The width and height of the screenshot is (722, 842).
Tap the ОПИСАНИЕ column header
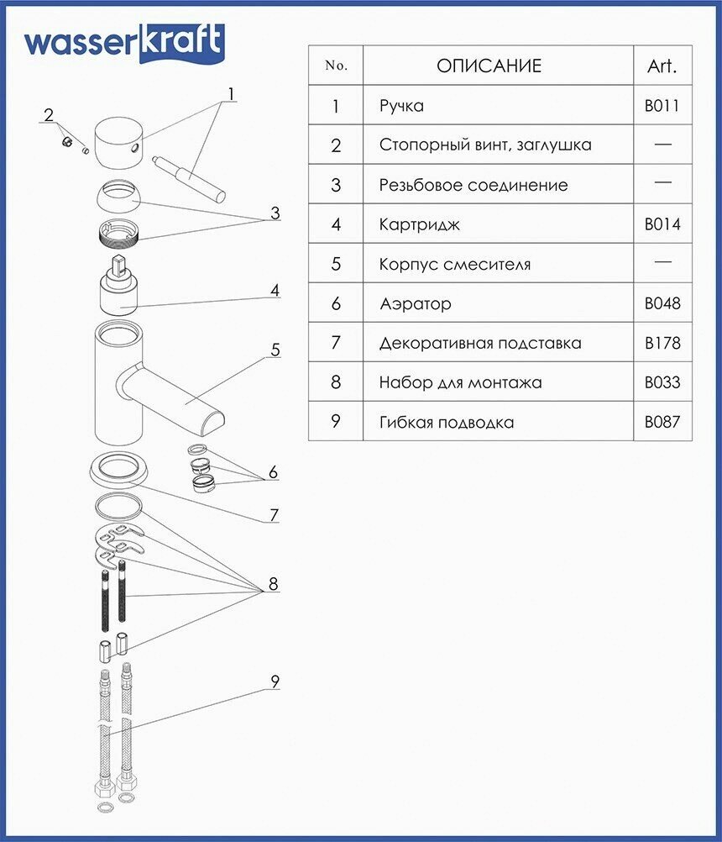(489, 66)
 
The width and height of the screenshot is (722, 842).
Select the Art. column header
(662, 66)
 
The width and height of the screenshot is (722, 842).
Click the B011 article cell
(662, 106)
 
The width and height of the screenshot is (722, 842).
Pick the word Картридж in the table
(420, 224)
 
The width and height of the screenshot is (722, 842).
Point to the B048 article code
(662, 303)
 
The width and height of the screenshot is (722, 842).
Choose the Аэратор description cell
(415, 303)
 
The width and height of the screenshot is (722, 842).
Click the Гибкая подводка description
(446, 422)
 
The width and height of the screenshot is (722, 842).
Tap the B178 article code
(662, 343)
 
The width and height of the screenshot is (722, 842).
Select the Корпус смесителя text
(455, 264)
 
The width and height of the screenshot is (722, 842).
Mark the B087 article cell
(662, 422)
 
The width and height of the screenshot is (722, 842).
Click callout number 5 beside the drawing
(275, 350)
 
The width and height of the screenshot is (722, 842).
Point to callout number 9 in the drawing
(275, 681)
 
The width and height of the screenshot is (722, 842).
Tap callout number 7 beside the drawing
(274, 514)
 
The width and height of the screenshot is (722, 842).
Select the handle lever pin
(191, 176)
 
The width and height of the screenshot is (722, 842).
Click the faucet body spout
(180, 395)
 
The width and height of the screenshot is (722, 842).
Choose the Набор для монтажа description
(460, 382)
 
